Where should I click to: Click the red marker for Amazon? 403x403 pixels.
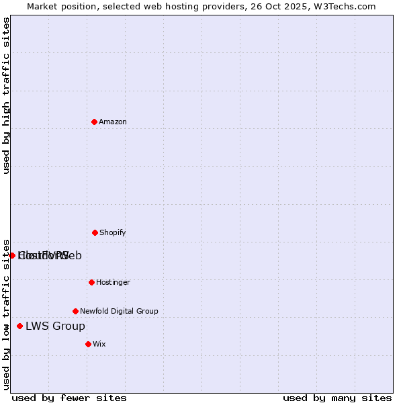click(94, 122)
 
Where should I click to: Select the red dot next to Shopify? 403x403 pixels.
click(95, 232)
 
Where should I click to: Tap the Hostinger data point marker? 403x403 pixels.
click(91, 282)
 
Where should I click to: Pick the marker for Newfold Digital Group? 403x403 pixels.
click(75, 311)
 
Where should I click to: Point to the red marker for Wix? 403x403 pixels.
click(88, 344)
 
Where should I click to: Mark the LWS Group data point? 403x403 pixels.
click(19, 326)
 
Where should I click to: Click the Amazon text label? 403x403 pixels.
click(113, 122)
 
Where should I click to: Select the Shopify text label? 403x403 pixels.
click(113, 232)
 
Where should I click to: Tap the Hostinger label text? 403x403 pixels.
click(113, 282)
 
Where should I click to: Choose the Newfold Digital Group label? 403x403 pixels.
click(119, 311)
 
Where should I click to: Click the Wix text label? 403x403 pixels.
click(99, 344)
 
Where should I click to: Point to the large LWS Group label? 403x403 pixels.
click(55, 326)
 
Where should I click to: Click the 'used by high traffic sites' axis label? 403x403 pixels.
click(6, 95)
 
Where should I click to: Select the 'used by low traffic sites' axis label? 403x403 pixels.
click(6, 314)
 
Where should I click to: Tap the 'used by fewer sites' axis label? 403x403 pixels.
click(69, 398)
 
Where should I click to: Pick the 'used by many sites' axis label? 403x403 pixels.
click(337, 398)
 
